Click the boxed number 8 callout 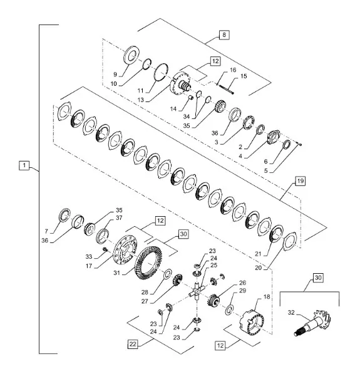[x=224, y=35]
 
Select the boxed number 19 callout [x=300, y=181]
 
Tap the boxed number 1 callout [x=24, y=165]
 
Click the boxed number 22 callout [x=133, y=344]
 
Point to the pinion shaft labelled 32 [x=314, y=323]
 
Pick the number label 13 [x=141, y=100]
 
